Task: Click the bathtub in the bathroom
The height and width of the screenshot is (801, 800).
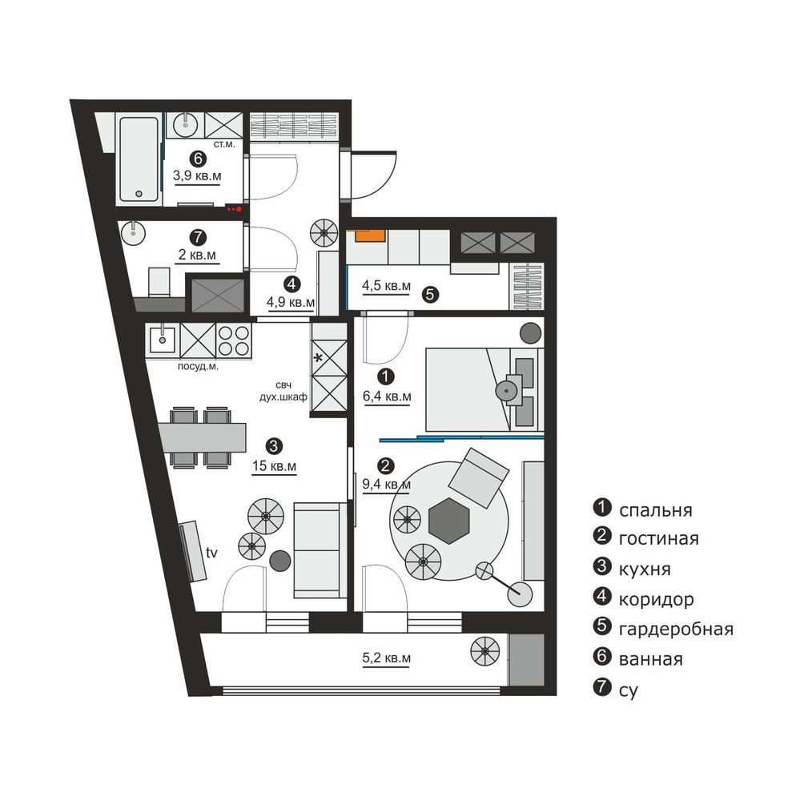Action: pos(139,159)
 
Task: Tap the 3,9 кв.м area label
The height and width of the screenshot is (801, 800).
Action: pos(197,176)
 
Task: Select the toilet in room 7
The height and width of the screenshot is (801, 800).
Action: pos(159,282)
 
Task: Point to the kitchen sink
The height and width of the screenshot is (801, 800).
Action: pos(163,340)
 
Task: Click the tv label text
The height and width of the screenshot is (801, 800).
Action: pos(211,552)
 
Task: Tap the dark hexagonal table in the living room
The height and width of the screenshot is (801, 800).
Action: pos(449,521)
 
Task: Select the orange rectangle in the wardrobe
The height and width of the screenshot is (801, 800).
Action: pos(370,235)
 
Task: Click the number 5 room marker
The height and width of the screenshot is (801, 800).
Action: pos(431,294)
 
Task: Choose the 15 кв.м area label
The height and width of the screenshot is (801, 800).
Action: pos(275,466)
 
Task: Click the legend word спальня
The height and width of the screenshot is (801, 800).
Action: pos(656,510)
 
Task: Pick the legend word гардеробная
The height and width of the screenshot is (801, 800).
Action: pos(676,630)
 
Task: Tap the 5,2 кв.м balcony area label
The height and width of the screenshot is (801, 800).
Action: pos(387,658)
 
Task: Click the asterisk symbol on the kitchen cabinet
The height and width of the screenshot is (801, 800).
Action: pos(318,358)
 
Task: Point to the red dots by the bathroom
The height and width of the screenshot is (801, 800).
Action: pos(234,209)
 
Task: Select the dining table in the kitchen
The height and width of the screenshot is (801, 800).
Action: pos(203,438)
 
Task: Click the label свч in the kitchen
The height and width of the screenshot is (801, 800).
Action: pos(283,385)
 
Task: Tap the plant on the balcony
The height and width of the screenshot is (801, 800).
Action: pos(484,651)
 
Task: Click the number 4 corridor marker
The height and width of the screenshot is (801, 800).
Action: pos(291,284)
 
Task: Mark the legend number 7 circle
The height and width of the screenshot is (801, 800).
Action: pos(602,687)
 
